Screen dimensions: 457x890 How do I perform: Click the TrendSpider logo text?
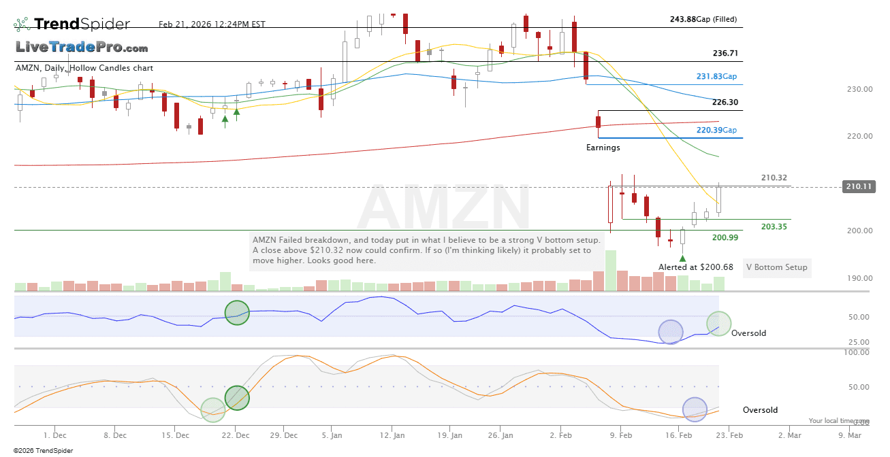[82, 24]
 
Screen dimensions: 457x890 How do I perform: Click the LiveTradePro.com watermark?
[82, 48]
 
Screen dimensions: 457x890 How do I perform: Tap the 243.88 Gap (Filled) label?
[703, 19]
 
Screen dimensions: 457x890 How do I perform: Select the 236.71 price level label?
[725, 53]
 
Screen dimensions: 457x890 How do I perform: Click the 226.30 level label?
[725, 103]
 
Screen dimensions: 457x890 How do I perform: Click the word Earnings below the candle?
[603, 147]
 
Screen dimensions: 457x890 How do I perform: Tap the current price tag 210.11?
[857, 186]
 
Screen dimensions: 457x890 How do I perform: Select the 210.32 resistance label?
[774, 177]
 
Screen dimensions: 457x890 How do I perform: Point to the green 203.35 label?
[774, 226]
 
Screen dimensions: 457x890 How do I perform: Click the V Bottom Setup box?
[776, 267]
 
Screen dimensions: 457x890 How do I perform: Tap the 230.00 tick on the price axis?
[860, 89]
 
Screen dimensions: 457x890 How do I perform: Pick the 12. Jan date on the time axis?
[394, 435]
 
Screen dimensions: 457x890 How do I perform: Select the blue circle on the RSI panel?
[671, 331]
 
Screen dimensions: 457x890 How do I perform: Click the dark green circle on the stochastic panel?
[237, 397]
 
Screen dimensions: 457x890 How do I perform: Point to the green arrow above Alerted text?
[683, 258]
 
